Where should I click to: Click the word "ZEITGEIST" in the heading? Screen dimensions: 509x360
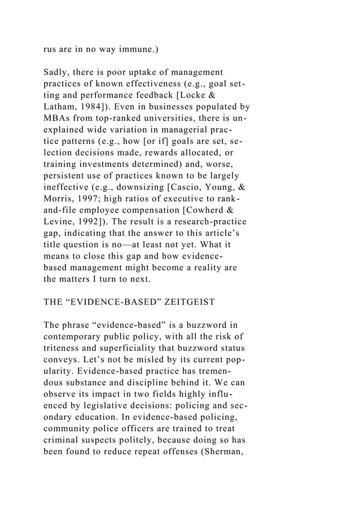point(188,301)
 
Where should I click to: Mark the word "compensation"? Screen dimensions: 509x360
point(159,210)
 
